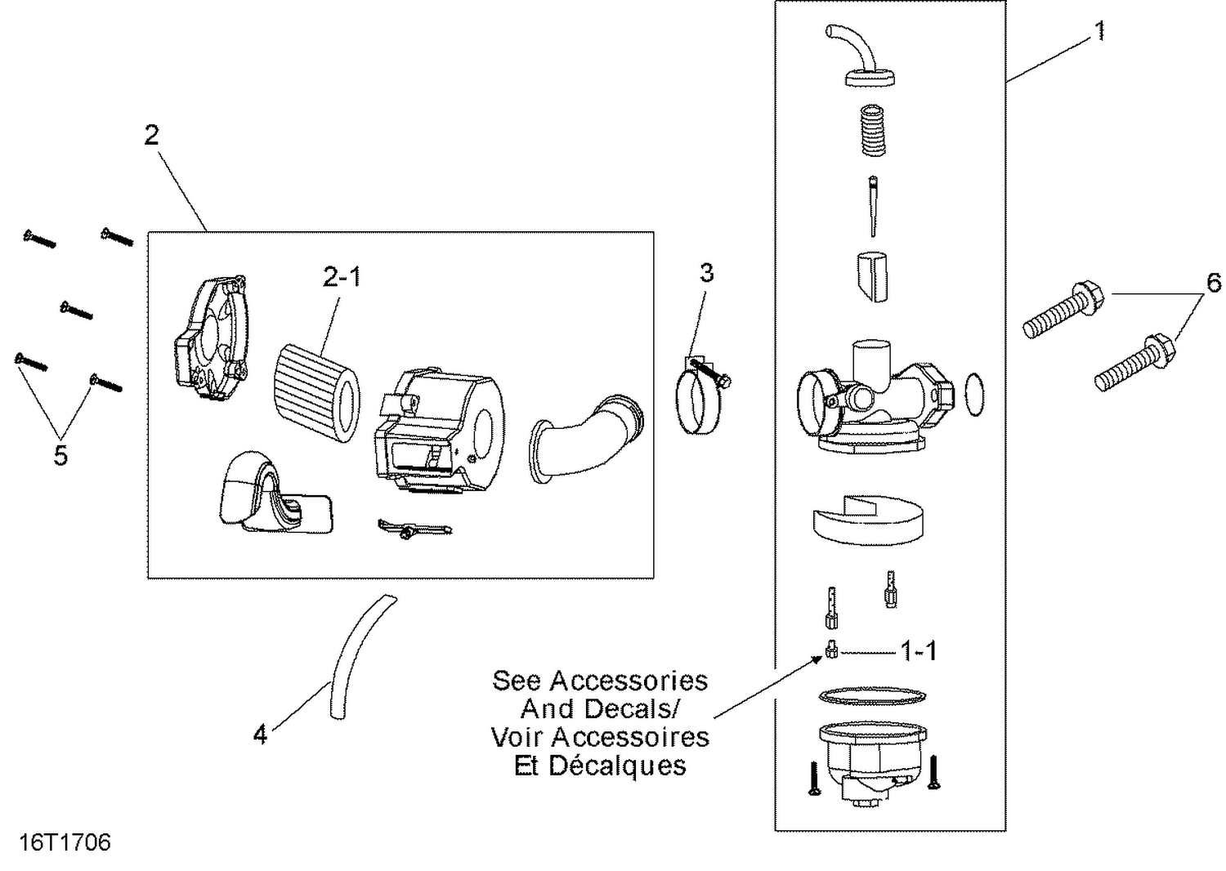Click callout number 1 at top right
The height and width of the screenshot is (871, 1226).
1100,31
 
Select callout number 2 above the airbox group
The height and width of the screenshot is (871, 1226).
151,135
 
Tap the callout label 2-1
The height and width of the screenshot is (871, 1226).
342,278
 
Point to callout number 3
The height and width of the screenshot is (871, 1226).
706,273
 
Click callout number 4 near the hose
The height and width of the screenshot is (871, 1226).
260,735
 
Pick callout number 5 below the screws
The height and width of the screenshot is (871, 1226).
60,455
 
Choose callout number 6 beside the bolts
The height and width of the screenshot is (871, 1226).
1214,283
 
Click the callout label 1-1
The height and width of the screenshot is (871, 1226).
919,651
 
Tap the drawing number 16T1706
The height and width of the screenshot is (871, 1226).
65,842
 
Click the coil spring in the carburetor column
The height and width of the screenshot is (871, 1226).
873,131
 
